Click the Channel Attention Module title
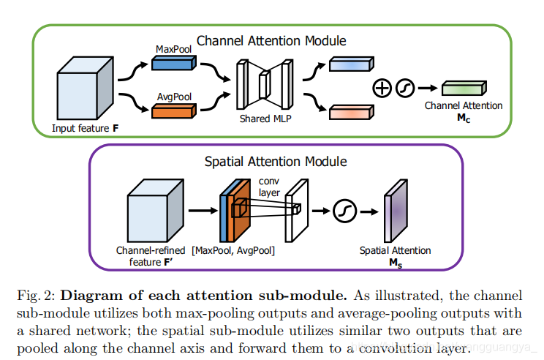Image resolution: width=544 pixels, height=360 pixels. (x=271, y=41)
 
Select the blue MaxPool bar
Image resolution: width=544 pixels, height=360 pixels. (x=173, y=64)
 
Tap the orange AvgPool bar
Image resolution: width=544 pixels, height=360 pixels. (x=173, y=112)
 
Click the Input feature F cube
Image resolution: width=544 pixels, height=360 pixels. (x=83, y=92)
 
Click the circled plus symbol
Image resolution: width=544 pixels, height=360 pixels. (x=382, y=89)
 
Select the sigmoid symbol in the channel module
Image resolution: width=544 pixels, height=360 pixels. (x=405, y=89)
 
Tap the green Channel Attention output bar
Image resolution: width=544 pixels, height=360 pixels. (x=464, y=89)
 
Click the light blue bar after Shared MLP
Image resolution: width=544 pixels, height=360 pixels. (x=350, y=64)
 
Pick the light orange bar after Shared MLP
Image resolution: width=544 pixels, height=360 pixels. (x=350, y=112)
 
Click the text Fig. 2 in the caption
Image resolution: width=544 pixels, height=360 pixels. (x=36, y=296)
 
